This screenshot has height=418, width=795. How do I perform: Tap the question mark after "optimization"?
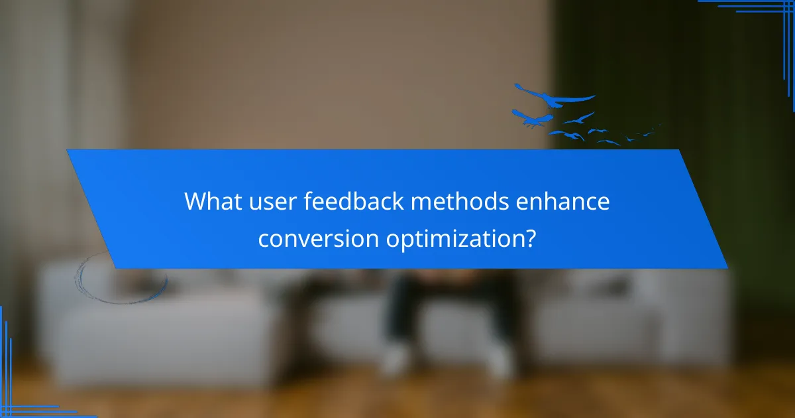pos(529,237)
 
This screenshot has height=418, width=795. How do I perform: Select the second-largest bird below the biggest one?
pos(533,118)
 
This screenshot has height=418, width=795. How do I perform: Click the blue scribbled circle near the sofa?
pos(119,279)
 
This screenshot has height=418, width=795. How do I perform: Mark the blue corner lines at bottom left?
pos(20,391)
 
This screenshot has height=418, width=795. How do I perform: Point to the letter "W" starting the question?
pos(194,201)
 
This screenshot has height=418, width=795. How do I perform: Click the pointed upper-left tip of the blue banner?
pos(68,151)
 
